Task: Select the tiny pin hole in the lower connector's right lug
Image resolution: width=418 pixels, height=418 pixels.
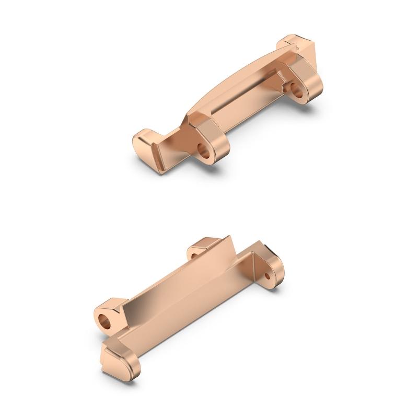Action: pyautogui.click(x=268, y=275)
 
